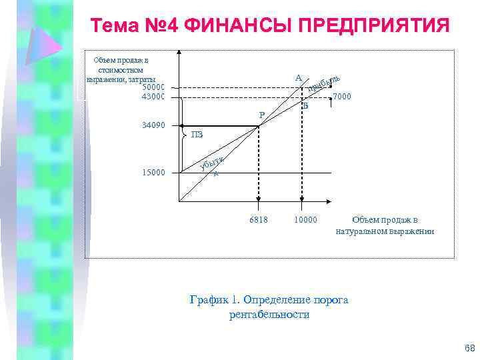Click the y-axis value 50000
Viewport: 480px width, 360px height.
[x=153, y=87]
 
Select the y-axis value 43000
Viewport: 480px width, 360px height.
[x=153, y=97]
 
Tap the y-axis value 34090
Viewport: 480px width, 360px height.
[x=153, y=125]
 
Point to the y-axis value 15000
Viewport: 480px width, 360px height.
[x=153, y=173]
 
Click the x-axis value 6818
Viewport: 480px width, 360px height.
[x=258, y=220]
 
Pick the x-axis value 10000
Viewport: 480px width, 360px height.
[x=305, y=220]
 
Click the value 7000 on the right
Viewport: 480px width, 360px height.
[x=343, y=97]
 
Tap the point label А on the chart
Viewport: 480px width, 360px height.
[x=299, y=77]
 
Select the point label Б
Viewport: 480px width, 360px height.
[x=305, y=106]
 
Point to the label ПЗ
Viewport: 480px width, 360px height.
[x=197, y=135]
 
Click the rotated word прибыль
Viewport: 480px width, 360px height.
[x=325, y=83]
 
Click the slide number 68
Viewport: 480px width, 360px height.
[x=469, y=349]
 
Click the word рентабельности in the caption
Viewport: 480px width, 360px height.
[x=269, y=315]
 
